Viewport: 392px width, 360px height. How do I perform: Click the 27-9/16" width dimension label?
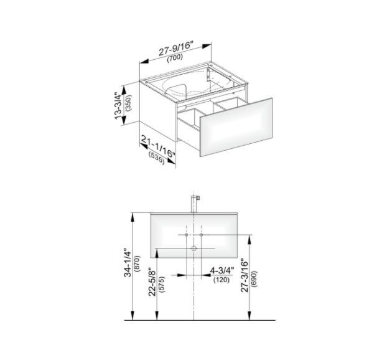coord(177,49)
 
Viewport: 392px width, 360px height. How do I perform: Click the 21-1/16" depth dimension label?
coord(157,146)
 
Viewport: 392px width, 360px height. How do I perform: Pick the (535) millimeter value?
coord(157,159)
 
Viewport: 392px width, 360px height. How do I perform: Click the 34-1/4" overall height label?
coord(128,262)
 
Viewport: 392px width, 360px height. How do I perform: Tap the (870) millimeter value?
coord(138,263)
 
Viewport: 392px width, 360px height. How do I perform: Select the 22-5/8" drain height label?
coord(152,282)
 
